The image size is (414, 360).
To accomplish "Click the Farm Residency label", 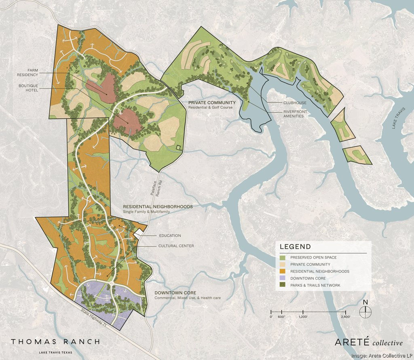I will click(27, 72).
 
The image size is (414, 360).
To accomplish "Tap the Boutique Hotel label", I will click(28, 88).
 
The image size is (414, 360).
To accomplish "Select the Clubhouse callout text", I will click(295, 103).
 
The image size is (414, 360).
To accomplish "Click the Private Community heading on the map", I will click(212, 103).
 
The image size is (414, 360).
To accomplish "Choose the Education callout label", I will click(169, 236).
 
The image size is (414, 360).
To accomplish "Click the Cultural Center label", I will click(176, 246).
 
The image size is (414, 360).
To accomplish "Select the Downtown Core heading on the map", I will click(175, 293).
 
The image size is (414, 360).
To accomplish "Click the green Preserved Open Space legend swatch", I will click(283, 257).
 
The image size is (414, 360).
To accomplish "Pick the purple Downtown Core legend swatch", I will click(283, 278).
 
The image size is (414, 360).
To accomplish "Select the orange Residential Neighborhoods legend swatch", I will click(283, 272).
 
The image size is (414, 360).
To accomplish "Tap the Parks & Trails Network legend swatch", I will click(283, 285).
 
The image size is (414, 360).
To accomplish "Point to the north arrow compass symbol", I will click(365, 310).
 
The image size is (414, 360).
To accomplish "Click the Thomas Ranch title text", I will click(55, 342).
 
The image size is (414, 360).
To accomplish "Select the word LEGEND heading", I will click(296, 247).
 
